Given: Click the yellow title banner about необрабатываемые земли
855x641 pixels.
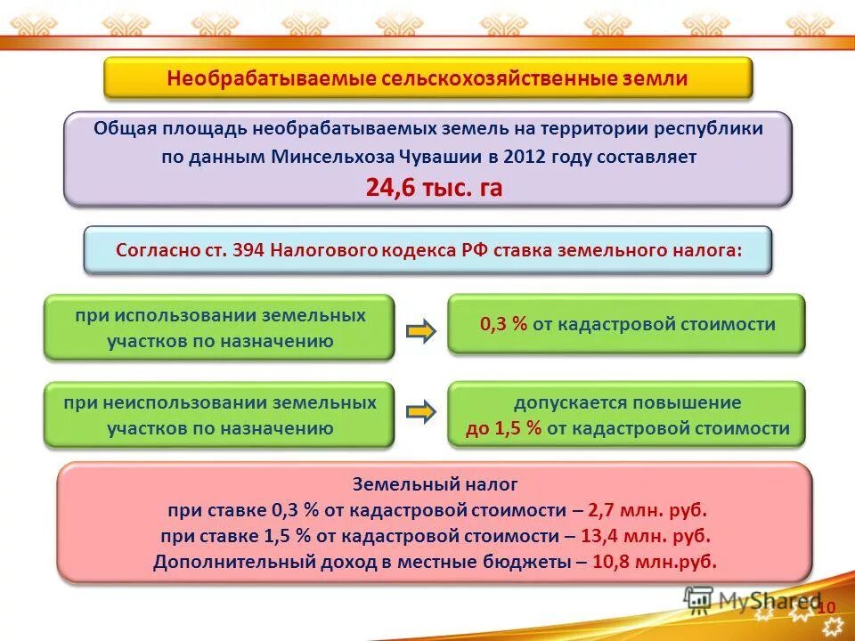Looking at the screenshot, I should tap(427, 78).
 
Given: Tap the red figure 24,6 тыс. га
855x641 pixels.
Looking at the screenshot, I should tap(434, 188).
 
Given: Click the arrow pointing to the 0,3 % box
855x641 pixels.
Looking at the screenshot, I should tap(420, 332).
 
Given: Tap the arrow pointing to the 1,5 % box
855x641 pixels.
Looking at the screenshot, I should tap(420, 411).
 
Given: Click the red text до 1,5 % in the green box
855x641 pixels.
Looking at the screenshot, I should tap(504, 428).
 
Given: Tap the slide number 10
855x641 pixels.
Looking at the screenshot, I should tap(826, 607).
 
